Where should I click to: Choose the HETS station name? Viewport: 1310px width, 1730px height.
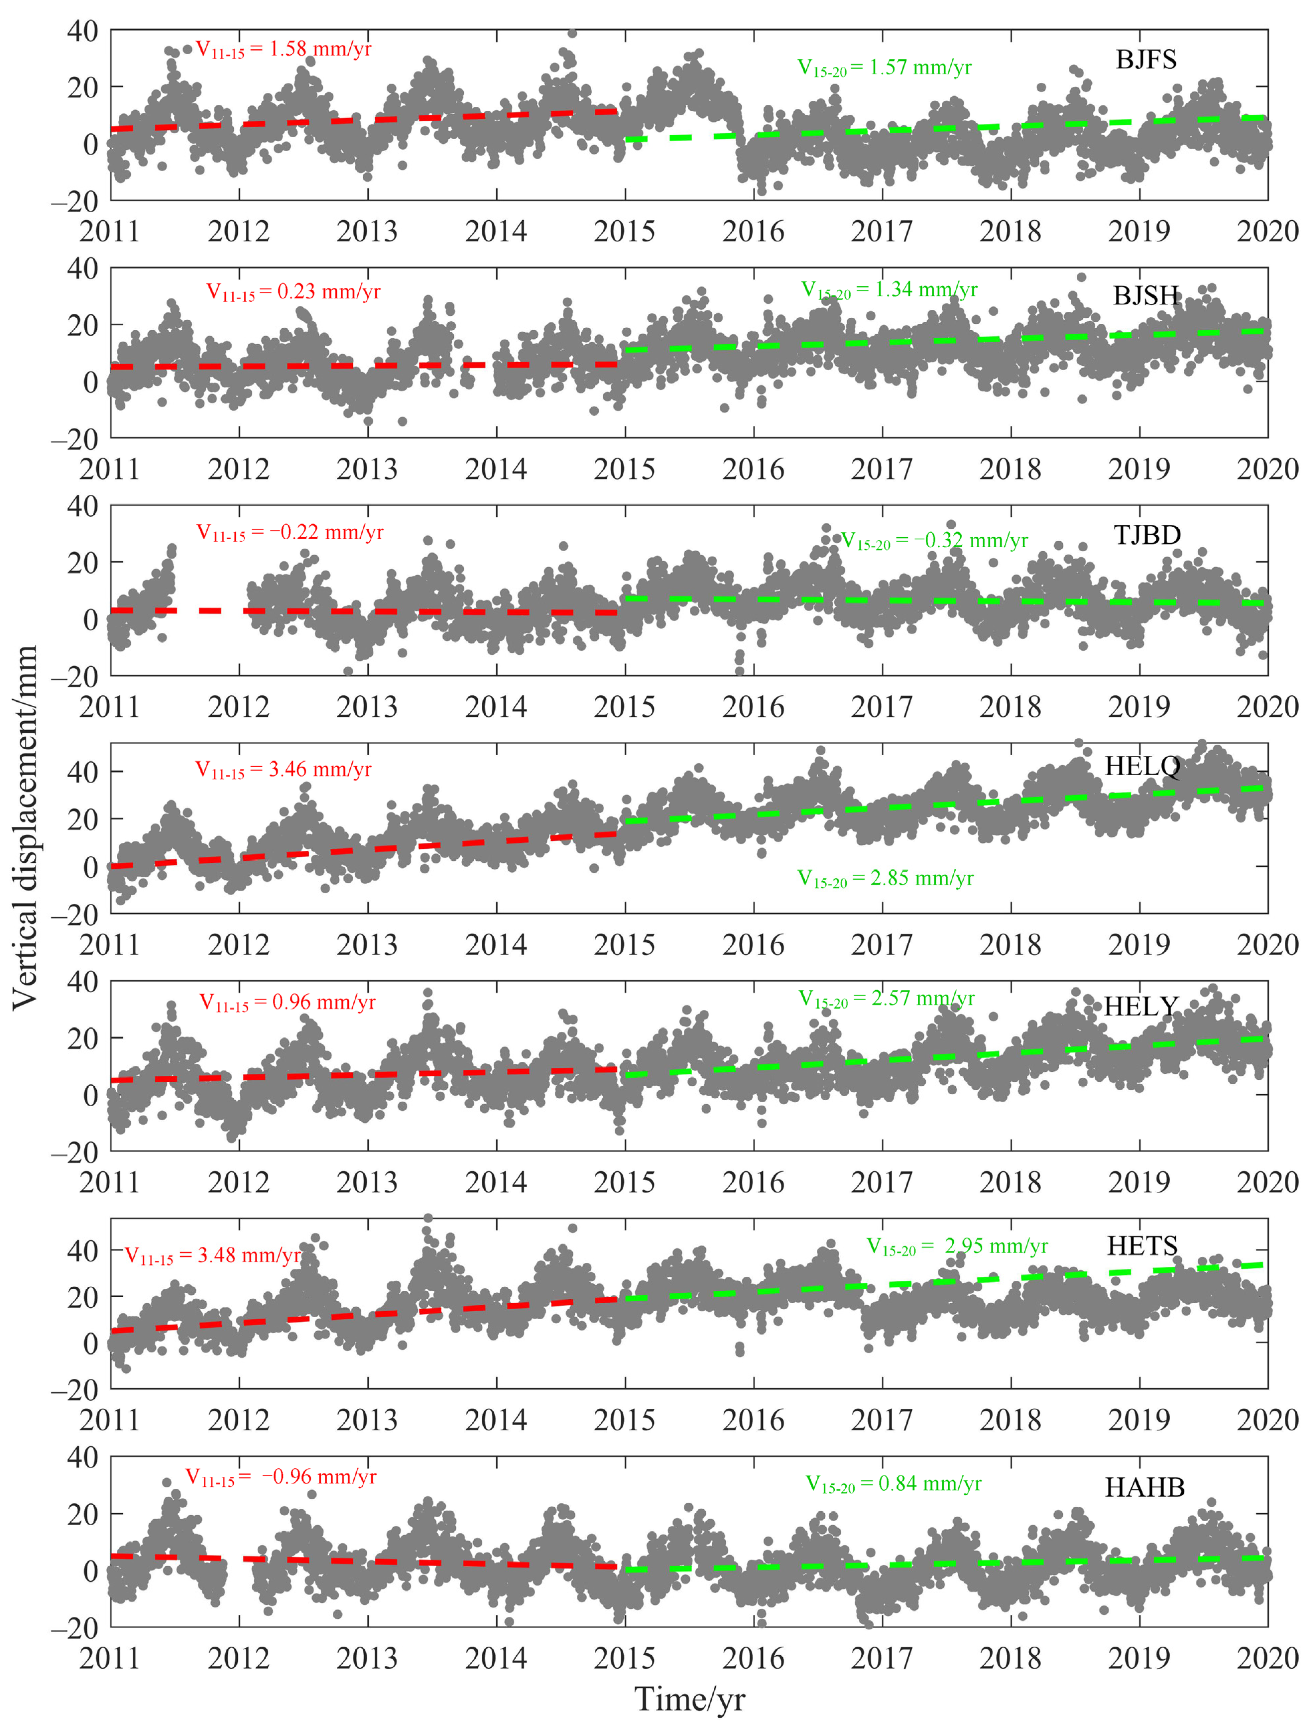coord(1142,1245)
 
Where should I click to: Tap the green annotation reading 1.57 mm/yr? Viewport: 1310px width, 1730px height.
coord(885,68)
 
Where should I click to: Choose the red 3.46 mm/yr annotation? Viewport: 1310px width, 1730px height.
coord(283,770)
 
